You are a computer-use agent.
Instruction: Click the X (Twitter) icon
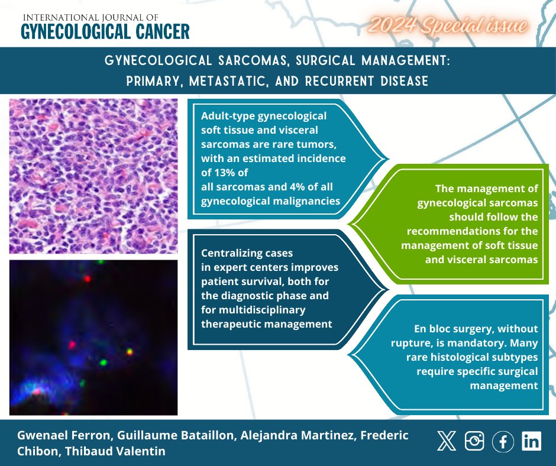446,441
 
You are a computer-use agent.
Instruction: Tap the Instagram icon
474,441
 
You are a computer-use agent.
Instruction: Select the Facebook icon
503,441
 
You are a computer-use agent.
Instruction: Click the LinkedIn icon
531,441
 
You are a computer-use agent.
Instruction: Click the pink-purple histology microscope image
93,175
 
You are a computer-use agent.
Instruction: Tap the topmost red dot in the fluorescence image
86,278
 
